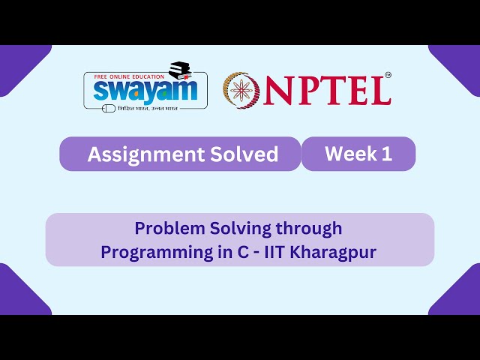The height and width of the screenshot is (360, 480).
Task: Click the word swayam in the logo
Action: click(x=142, y=91)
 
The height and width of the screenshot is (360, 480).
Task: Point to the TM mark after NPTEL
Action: click(x=388, y=75)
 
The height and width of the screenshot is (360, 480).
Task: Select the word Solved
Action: click(x=242, y=154)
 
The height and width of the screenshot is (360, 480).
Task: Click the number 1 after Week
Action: click(x=387, y=154)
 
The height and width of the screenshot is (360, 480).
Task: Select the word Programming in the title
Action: click(x=155, y=253)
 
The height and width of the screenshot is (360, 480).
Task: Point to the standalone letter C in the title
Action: click(x=242, y=253)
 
